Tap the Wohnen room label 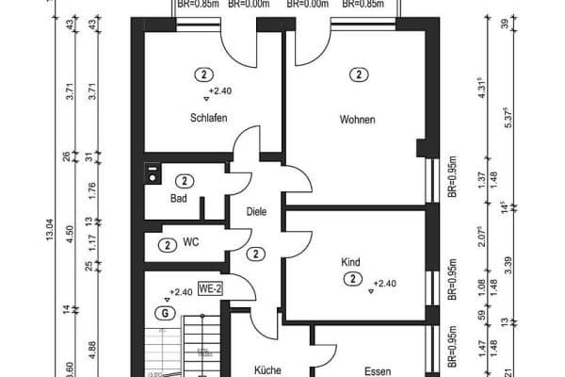click(357, 120)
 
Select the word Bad click(179, 199)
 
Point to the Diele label click(255, 212)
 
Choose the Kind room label click(351, 262)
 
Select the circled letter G click(166, 313)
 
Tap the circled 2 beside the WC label click(167, 245)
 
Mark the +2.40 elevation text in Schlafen click(219, 91)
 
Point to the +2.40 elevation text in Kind click(385, 283)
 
